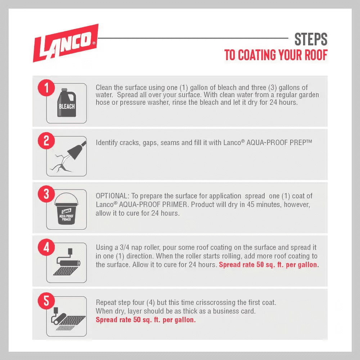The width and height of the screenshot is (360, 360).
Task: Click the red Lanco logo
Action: pyautogui.click(x=66, y=43)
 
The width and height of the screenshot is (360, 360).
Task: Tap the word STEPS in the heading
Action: pyautogui.click(x=311, y=39)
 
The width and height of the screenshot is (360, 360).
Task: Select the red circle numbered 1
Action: pyautogui.click(x=46, y=88)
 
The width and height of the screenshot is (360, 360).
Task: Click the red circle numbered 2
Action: pyautogui.click(x=46, y=141)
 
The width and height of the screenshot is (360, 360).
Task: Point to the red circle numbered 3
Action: pyautogui.click(x=46, y=194)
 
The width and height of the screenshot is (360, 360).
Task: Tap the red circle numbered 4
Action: pyautogui.click(x=46, y=247)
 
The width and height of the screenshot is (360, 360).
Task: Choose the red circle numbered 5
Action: pyautogui.click(x=46, y=301)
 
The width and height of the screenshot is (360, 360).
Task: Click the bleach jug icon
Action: pyautogui.click(x=67, y=103)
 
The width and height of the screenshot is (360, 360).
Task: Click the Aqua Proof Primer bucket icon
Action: pyautogui.click(x=66, y=208)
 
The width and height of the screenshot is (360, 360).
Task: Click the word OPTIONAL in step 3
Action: pyautogui.click(x=111, y=196)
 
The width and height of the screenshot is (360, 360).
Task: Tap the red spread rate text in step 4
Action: pyautogui.click(x=269, y=265)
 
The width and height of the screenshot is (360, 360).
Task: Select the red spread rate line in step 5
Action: pyautogui.click(x=146, y=320)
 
